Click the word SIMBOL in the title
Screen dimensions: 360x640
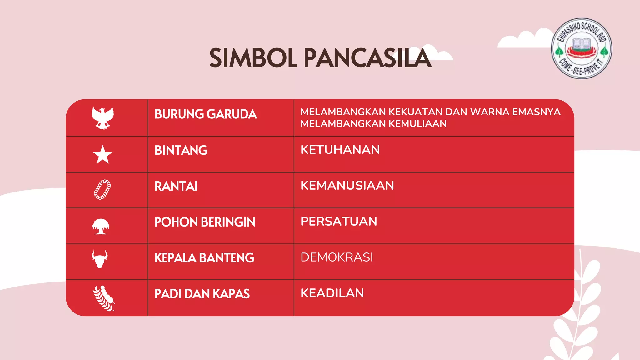(x=253, y=58)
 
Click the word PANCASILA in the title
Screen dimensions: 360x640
(x=367, y=58)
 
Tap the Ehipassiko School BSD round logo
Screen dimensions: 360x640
(x=581, y=48)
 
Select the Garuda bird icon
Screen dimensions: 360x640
(x=102, y=118)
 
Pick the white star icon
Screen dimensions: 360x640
(x=102, y=155)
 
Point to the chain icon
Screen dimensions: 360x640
(x=102, y=190)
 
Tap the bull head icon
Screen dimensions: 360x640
(x=100, y=259)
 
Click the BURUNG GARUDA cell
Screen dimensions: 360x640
(x=206, y=114)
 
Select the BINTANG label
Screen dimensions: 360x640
(x=181, y=151)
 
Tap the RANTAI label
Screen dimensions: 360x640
(x=176, y=187)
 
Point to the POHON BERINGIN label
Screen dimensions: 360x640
(x=205, y=222)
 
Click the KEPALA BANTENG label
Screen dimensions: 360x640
(x=204, y=258)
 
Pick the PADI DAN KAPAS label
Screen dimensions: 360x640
(x=202, y=294)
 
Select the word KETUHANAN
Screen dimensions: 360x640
(x=340, y=150)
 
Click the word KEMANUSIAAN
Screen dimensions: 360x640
(x=347, y=186)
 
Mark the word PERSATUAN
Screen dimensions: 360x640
(x=339, y=222)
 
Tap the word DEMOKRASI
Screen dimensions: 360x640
(x=337, y=257)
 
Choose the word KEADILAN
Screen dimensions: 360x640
(x=332, y=293)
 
